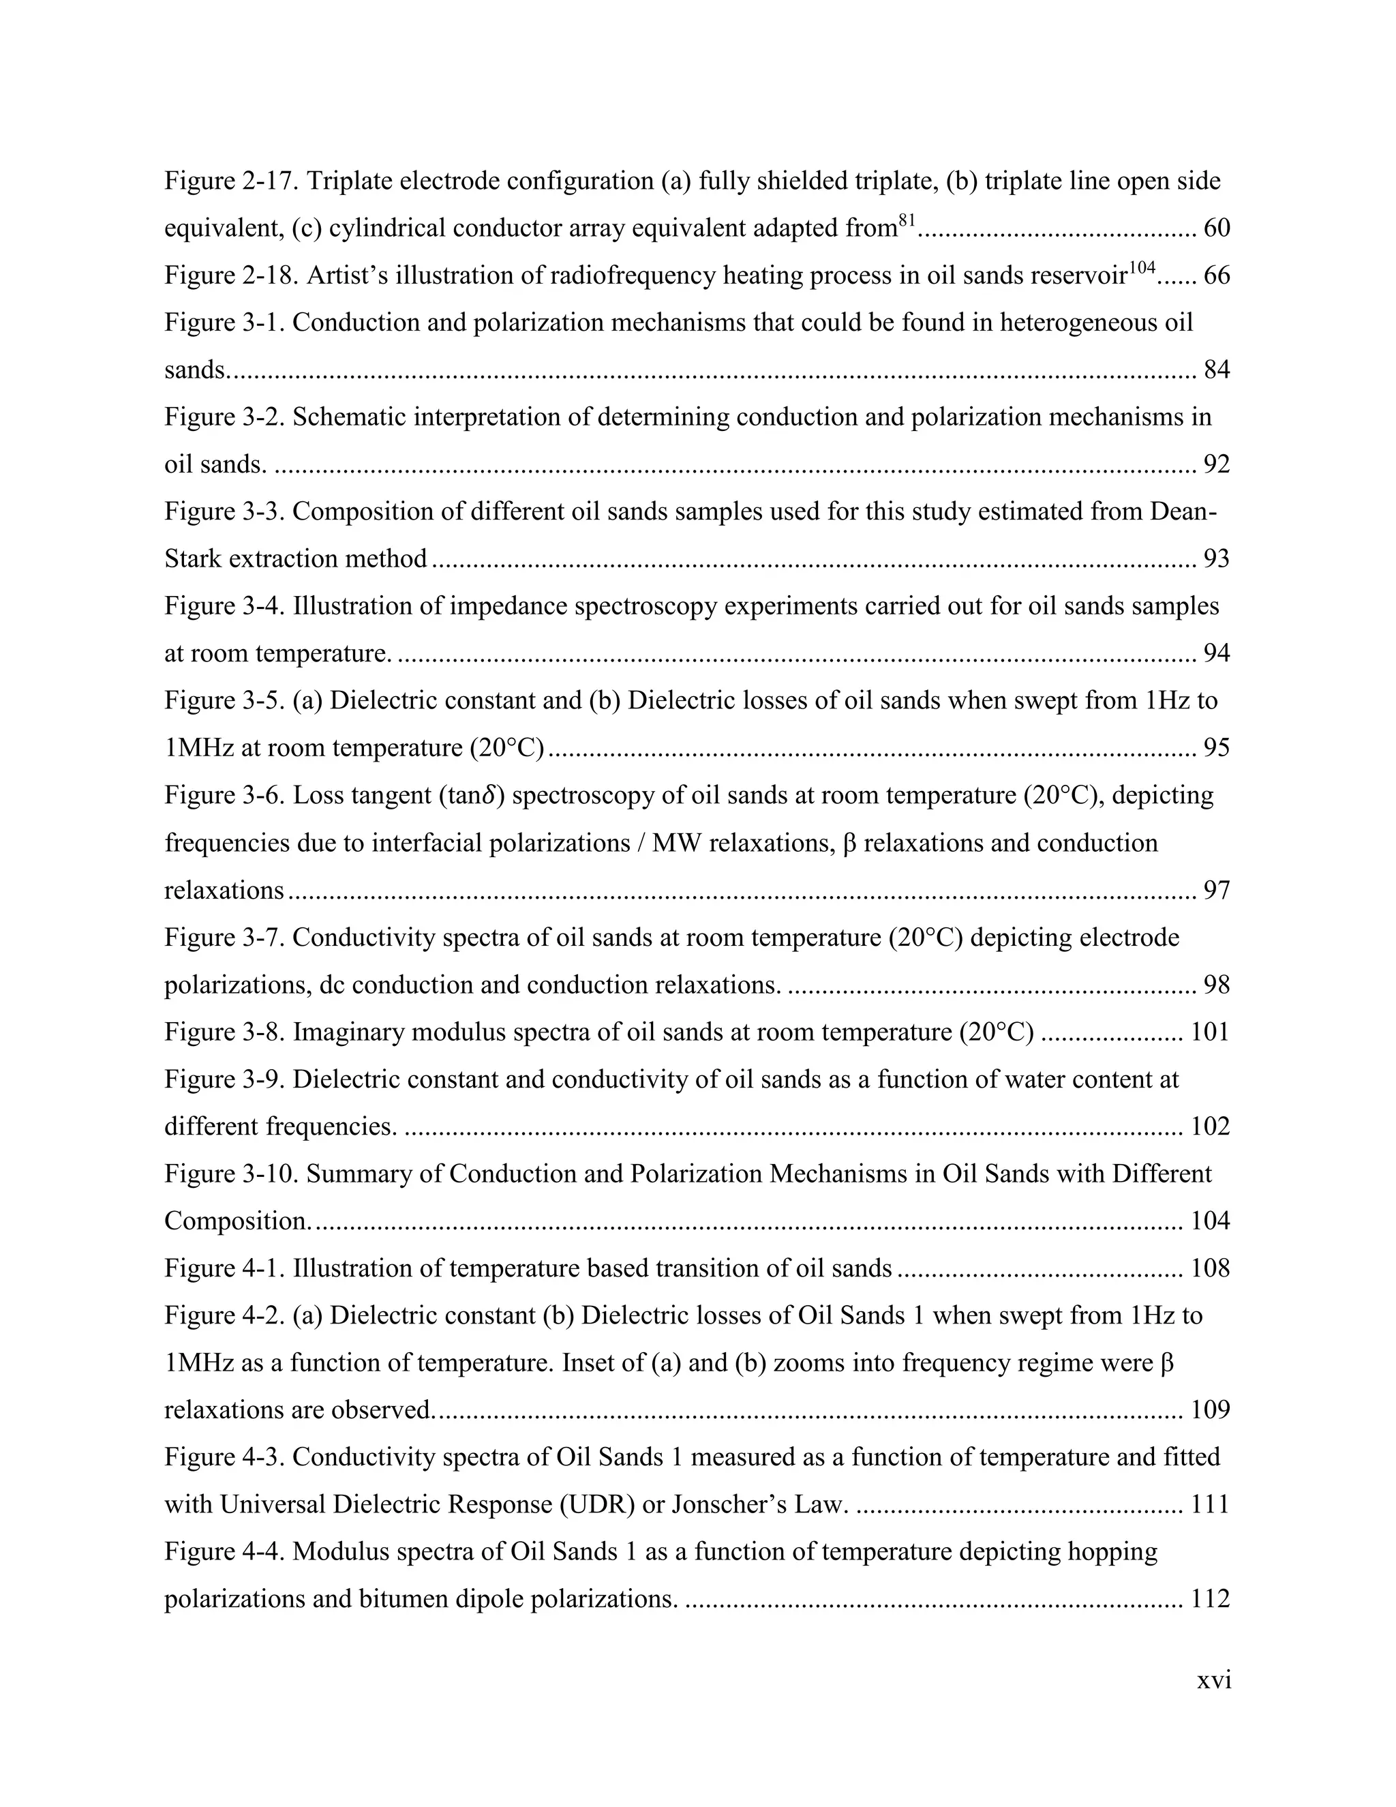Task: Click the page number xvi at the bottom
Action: [1214, 1680]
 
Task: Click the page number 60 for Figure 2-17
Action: [1217, 228]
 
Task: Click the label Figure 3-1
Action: [224, 323]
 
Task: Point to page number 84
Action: [1217, 370]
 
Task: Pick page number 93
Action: [1217, 559]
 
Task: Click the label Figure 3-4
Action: [224, 606]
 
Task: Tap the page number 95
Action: [1217, 749]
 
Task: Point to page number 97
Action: [1217, 891]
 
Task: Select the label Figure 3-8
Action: [224, 1032]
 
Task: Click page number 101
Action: [1210, 1032]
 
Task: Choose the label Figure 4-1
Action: [224, 1269]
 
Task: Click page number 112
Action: [1210, 1599]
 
